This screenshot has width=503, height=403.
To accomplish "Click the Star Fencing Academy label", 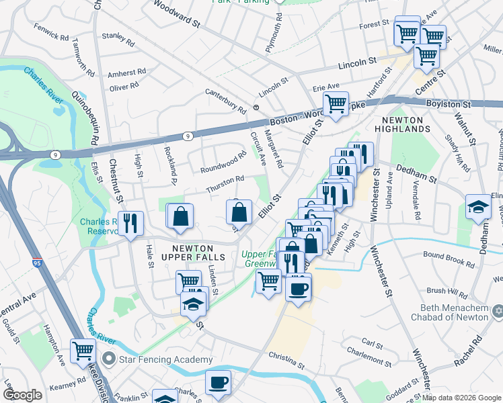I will [166, 360].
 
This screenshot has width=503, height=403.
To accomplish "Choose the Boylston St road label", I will [448, 104].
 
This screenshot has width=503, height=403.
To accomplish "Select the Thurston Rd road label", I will [225, 185].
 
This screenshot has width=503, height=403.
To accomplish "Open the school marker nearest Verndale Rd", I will [478, 206].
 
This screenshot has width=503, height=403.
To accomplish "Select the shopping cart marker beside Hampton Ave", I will [83, 350].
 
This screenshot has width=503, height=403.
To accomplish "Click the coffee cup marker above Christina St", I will [298, 288].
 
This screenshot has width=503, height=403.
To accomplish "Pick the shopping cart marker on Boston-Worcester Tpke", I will [335, 103].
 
